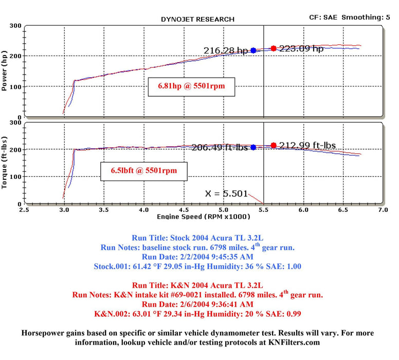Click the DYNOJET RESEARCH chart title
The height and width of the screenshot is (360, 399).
(197, 19)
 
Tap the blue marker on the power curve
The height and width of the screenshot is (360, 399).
(253, 50)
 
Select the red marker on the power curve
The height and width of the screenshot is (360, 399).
(274, 48)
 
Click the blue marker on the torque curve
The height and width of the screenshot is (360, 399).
(253, 147)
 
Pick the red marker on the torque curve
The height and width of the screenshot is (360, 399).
(274, 146)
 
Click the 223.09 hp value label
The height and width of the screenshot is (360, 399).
(301, 49)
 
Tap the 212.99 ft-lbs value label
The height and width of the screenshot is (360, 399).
(307, 146)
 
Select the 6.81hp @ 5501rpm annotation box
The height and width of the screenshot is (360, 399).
(191, 87)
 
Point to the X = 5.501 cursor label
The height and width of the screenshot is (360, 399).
(226, 194)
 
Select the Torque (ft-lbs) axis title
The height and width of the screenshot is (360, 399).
(5, 163)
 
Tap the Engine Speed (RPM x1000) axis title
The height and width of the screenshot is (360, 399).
(204, 217)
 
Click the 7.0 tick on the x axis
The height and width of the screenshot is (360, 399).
(382, 210)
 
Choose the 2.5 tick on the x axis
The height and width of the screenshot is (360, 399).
(24, 210)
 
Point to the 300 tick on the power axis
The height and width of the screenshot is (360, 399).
(15, 26)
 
